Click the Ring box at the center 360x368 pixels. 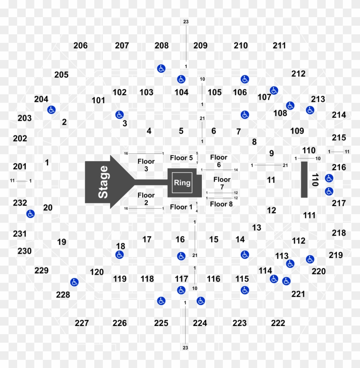point(182,183)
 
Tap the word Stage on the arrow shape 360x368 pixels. point(103,182)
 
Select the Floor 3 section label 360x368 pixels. point(146,165)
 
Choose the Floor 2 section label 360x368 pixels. point(146,199)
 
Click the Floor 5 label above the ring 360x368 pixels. point(181,158)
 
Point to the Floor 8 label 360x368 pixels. point(221,204)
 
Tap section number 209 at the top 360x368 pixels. point(200,45)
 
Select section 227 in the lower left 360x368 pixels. point(82,323)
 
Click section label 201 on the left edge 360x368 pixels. point(20,166)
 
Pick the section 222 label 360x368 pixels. point(278,323)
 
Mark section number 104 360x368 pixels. point(181,92)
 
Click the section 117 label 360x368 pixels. point(181,279)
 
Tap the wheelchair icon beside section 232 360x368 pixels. point(30,213)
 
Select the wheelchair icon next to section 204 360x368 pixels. point(51,110)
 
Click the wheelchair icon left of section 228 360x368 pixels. point(74,282)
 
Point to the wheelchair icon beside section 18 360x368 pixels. point(119,255)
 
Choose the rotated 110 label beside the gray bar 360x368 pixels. point(315,180)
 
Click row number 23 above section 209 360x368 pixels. point(186,21)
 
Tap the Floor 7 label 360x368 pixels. point(222,183)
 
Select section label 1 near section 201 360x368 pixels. point(47,162)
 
